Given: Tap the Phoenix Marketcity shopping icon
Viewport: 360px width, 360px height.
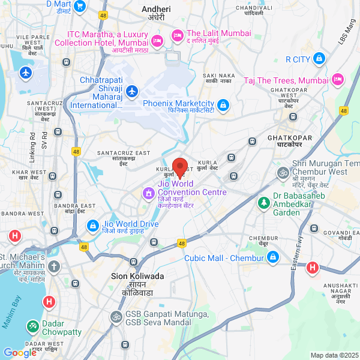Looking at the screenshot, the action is [x=224, y=106].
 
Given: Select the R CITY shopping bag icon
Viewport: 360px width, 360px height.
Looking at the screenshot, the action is [x=319, y=59].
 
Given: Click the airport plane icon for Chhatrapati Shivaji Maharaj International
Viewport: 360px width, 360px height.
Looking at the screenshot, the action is [x=132, y=92].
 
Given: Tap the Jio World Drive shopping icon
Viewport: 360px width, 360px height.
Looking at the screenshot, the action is [x=92, y=226].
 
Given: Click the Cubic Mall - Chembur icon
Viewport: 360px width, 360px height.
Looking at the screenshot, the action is [x=272, y=257].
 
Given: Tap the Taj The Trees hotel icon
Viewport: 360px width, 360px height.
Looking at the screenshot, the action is [x=338, y=79].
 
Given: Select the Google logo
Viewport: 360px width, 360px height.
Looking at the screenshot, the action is [x=19, y=353].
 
